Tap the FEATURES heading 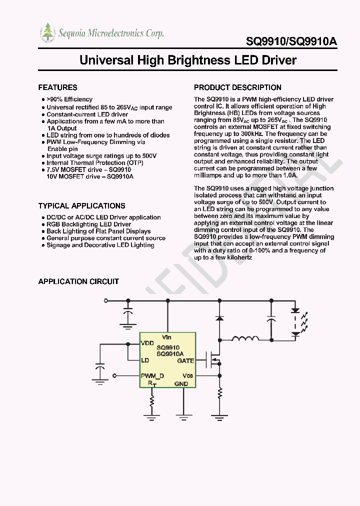pyautogui.click(x=57, y=87)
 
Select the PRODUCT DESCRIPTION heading pyautogui.click(x=237, y=87)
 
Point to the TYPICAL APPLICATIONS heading pyautogui.click(x=81, y=205)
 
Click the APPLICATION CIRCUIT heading pyautogui.click(x=78, y=281)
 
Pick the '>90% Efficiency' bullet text pyautogui.click(x=69, y=99)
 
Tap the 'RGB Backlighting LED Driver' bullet pyautogui.click(x=88, y=224)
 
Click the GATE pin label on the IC pyautogui.click(x=185, y=360)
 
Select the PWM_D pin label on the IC pyautogui.click(x=152, y=375)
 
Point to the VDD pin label pyautogui.click(x=147, y=343)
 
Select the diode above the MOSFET pyautogui.click(x=219, y=318)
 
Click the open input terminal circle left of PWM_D pyautogui.click(x=115, y=375)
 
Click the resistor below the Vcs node pyautogui.click(x=219, y=393)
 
